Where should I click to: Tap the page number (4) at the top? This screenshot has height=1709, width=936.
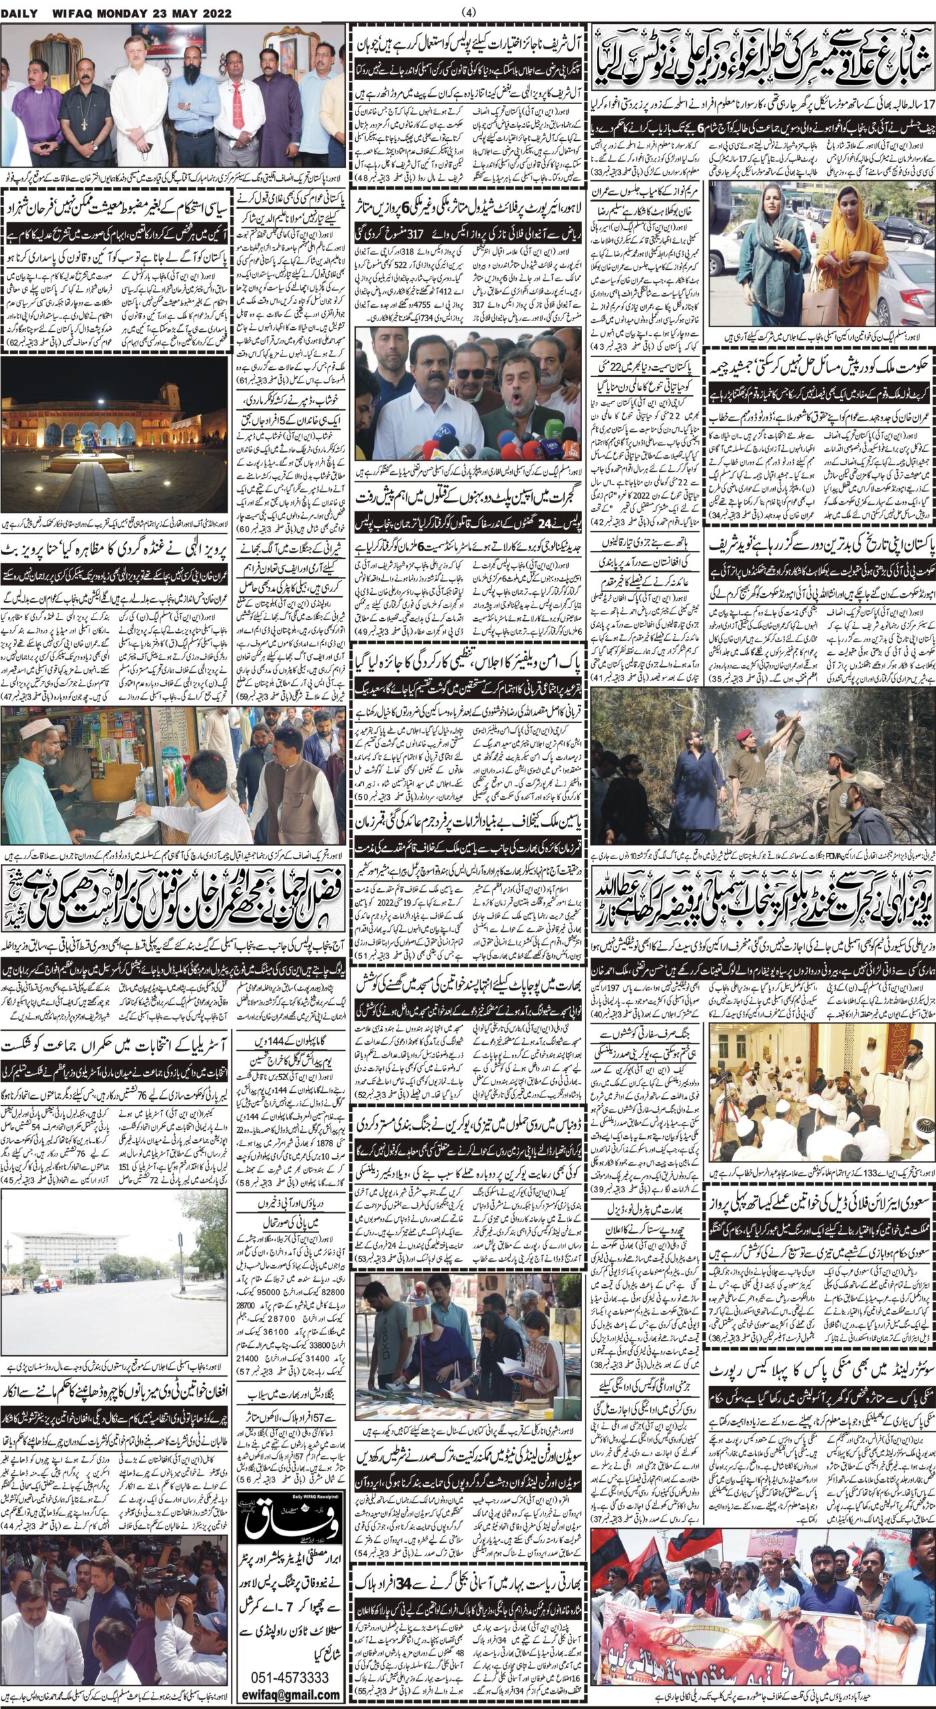coord(468,12)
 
